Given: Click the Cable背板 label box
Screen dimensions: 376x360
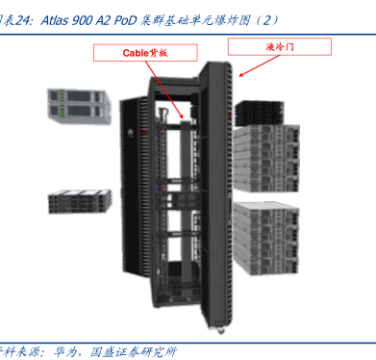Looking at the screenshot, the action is (145, 53).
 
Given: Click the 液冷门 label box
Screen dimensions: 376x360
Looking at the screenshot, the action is (280, 47).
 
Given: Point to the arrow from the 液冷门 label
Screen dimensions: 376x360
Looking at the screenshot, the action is (260, 66).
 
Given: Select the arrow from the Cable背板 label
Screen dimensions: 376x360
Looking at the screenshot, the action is (164, 90).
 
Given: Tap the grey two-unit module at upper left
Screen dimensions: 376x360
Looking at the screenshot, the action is (79, 106).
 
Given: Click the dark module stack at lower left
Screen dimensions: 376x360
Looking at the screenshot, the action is (80, 201).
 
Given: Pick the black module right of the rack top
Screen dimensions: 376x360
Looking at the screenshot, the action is (259, 114).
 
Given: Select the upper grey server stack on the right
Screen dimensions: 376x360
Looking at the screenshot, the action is (265, 159).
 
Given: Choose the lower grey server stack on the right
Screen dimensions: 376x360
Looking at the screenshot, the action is (265, 238).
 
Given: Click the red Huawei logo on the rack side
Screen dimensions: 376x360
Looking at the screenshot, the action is (131, 132).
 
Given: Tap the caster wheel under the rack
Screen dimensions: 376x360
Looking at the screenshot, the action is (220, 331).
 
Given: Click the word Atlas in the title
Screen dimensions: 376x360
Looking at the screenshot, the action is (55, 20).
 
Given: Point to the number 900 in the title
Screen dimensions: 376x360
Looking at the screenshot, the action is (83, 20).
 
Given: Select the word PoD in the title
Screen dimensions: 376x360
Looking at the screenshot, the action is (125, 20).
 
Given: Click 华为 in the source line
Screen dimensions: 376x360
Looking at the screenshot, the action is (65, 351).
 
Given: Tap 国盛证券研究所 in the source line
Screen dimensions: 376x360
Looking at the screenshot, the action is (134, 351).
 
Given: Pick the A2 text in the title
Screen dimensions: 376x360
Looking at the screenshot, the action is (103, 20).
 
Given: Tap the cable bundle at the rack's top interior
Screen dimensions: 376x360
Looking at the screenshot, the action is (162, 114).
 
